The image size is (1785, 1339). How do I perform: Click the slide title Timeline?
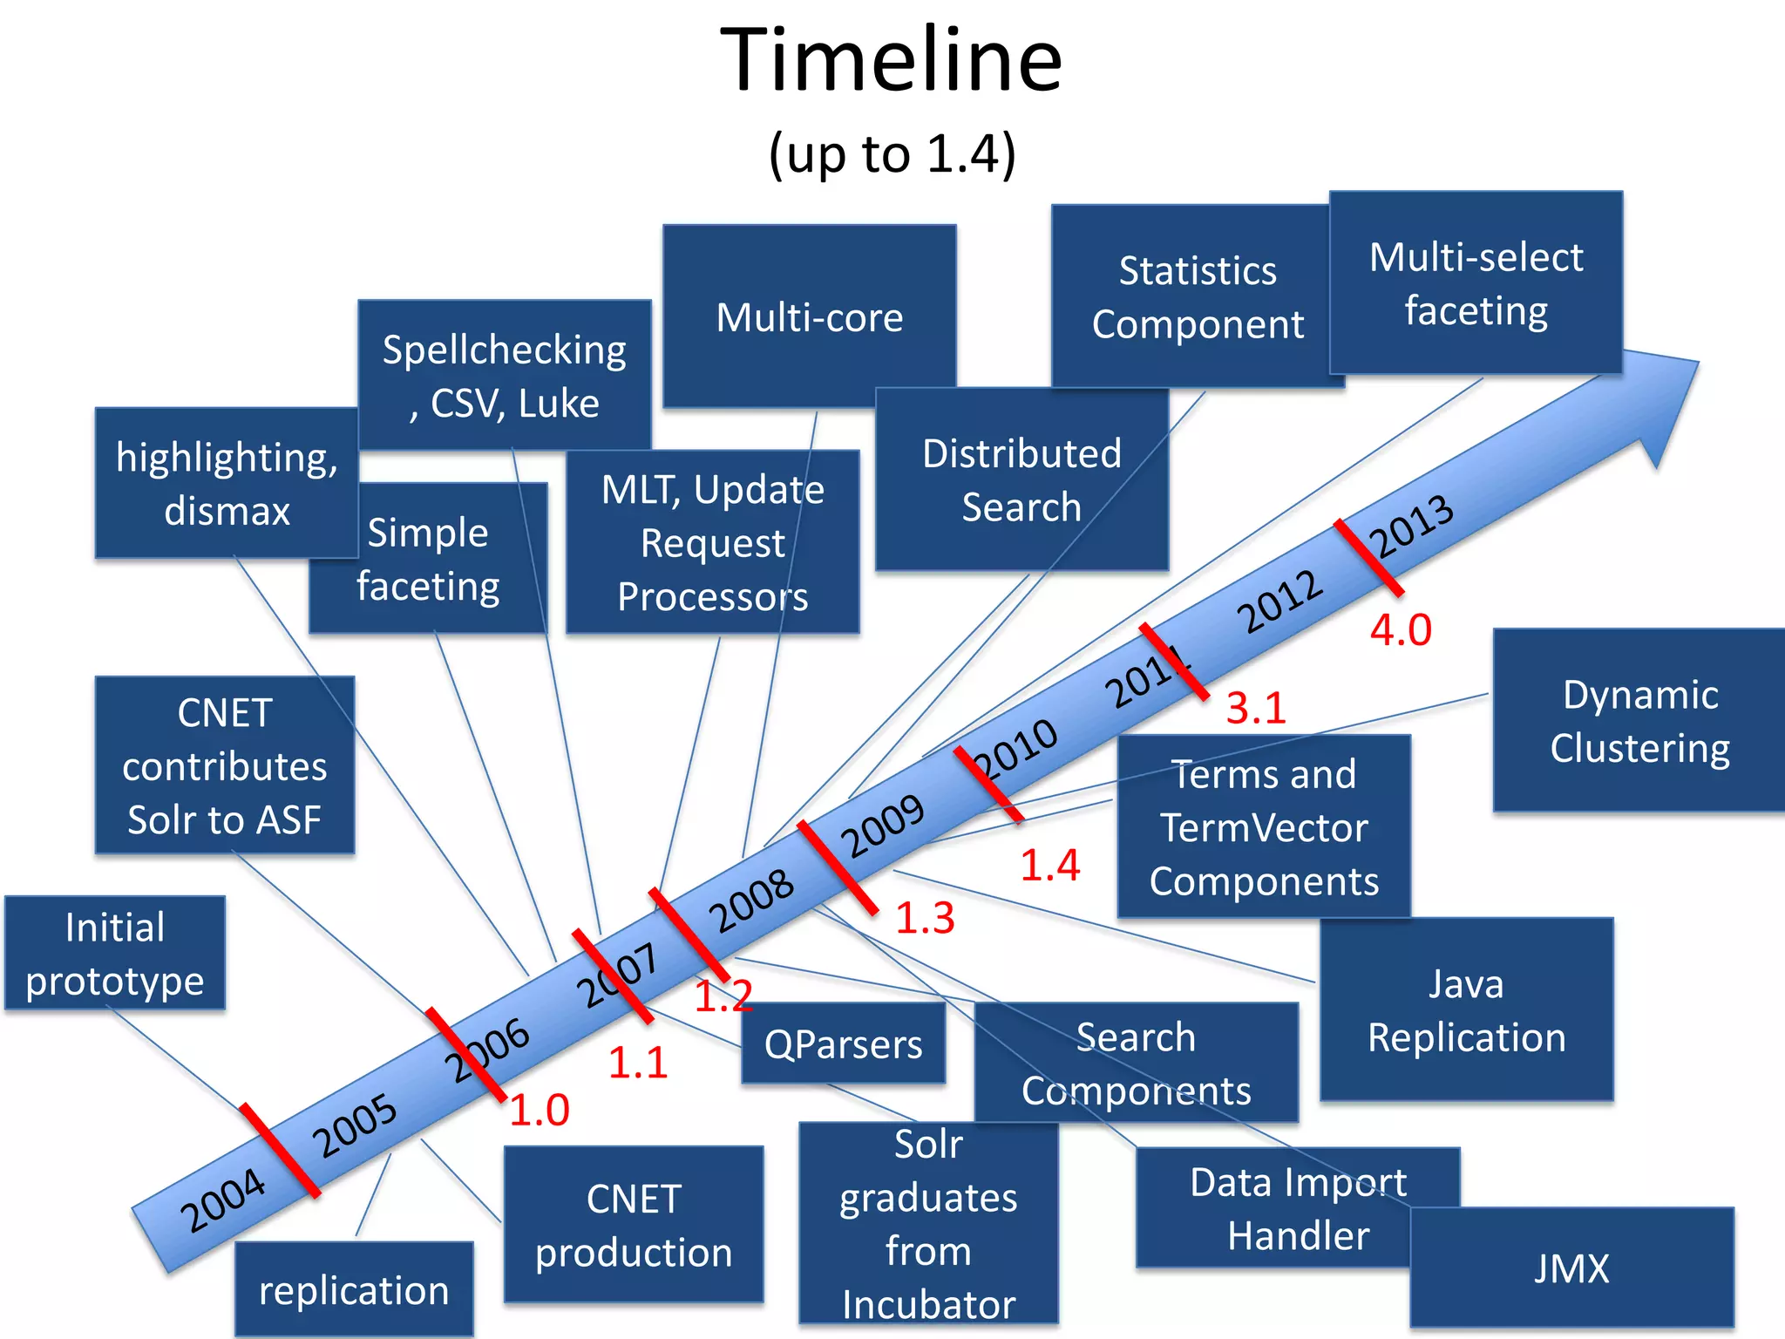tap(891, 61)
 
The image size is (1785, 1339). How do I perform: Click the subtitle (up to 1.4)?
tap(892, 154)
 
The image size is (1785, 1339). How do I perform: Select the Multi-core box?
tap(809, 316)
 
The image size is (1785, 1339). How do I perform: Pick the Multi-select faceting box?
tap(1476, 283)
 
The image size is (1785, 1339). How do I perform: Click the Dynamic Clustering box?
tap(1639, 721)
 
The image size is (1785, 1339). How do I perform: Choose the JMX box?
tap(1571, 1268)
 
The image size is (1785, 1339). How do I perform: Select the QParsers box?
tap(843, 1043)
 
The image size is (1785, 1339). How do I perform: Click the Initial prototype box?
tap(115, 953)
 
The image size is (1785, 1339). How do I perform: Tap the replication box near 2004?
tap(354, 1290)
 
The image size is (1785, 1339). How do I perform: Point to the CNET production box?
tap(634, 1225)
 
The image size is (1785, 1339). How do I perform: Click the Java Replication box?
tap(1466, 1009)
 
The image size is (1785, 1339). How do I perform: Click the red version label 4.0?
tap(1401, 629)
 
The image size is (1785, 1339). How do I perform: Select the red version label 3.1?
tap(1256, 707)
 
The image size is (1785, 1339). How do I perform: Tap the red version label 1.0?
tap(540, 1110)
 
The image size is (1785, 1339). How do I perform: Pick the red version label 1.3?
tap(925, 918)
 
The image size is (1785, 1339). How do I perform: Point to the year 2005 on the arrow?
tap(354, 1125)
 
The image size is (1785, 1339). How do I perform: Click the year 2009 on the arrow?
tap(881, 826)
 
